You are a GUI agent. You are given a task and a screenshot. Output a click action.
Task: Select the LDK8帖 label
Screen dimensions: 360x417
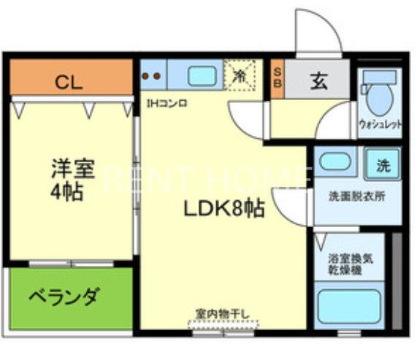[223, 210]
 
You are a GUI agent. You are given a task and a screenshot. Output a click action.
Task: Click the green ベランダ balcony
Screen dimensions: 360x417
[64, 298]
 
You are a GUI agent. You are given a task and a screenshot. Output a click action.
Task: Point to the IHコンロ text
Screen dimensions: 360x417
[167, 103]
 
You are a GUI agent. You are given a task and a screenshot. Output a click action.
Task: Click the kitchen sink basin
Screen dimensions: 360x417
[199, 76]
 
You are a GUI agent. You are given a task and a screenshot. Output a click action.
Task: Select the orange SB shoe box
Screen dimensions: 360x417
[278, 76]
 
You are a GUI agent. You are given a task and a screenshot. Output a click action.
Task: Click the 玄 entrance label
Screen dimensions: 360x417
[319, 81]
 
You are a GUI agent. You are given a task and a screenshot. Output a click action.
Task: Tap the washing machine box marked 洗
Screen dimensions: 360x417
[383, 165]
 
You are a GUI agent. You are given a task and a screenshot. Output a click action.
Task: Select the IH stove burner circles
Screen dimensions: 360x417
[153, 75]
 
